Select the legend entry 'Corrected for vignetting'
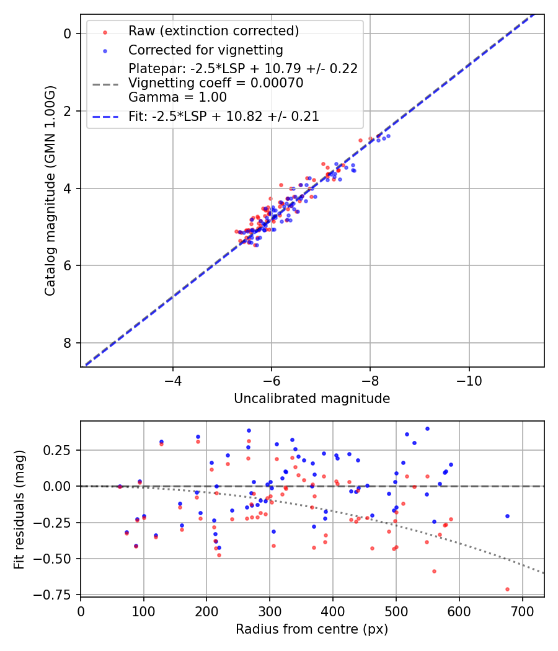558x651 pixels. pyautogui.click(x=205, y=50)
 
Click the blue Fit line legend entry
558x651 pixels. pyautogui.click(x=224, y=116)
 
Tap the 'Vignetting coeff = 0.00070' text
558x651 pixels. pyautogui.click(x=216, y=83)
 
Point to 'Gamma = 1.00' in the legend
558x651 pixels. pyautogui.click(x=177, y=97)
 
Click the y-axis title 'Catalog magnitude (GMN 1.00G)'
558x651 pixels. pyautogui.click(x=50, y=191)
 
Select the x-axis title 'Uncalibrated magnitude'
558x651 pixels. pyautogui.click(x=312, y=399)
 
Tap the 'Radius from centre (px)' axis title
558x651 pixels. pyautogui.click(x=312, y=629)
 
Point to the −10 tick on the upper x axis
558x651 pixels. pyautogui.click(x=469, y=379)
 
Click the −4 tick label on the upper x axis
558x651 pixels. pyautogui.click(x=172, y=379)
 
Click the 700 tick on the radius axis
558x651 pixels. pyautogui.click(x=522, y=611)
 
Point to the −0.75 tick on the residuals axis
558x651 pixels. pyautogui.click(x=56, y=595)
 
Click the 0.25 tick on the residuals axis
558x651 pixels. pyautogui.click(x=60, y=450)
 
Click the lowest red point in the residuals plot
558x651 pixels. pyautogui.click(x=507, y=589)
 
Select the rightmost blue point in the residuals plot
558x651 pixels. pyautogui.click(x=507, y=516)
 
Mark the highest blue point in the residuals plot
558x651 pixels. pyautogui.click(x=427, y=428)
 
